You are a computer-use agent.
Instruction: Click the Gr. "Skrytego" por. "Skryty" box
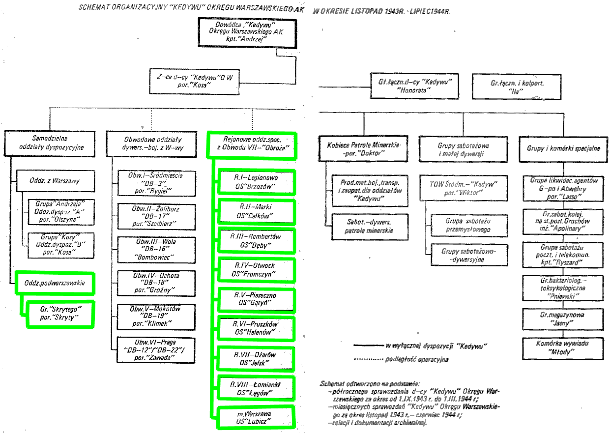[60, 314]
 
